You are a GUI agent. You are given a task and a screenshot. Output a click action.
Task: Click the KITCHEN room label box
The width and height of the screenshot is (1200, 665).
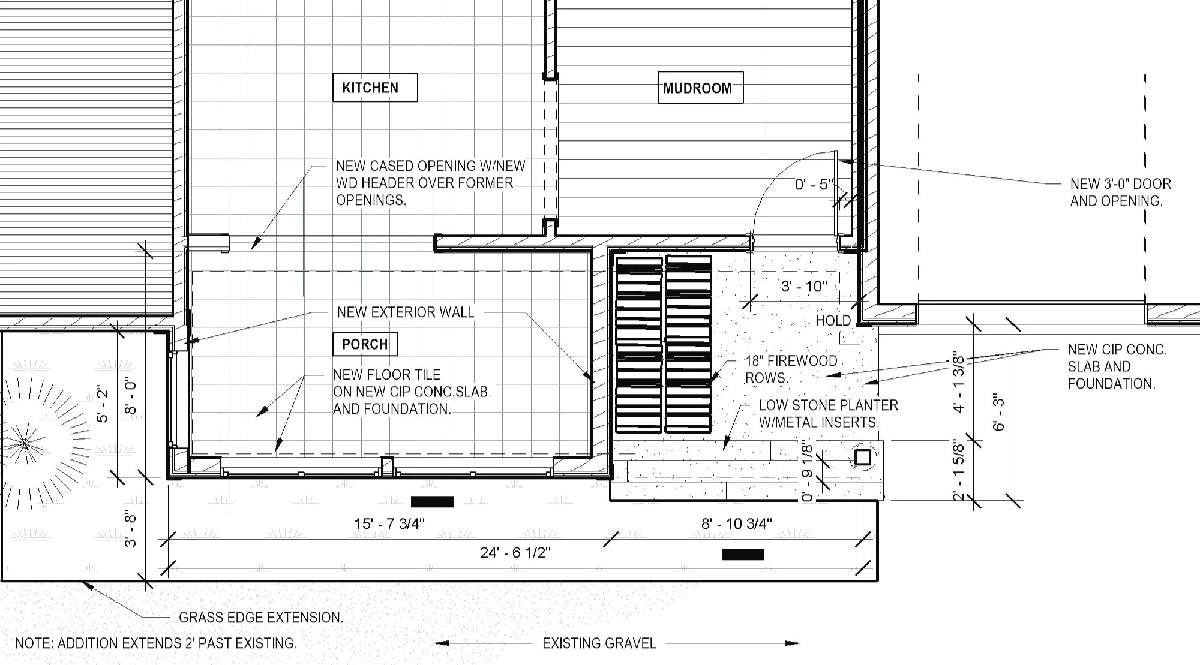click(375, 88)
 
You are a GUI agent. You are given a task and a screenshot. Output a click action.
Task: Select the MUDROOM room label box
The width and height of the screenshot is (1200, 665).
click(700, 88)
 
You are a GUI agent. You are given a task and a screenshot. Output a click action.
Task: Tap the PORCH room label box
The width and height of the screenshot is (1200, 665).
click(365, 344)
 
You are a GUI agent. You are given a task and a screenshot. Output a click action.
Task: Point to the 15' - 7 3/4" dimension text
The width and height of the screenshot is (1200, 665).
click(389, 523)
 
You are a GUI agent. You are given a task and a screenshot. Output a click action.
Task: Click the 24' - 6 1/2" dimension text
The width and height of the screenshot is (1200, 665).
click(515, 552)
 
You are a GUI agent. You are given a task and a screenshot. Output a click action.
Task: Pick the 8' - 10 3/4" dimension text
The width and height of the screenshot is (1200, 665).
click(737, 523)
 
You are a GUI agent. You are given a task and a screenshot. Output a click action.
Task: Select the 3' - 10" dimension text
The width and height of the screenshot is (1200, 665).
click(804, 286)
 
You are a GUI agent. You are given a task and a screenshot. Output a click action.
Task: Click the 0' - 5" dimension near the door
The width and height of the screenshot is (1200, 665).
click(814, 184)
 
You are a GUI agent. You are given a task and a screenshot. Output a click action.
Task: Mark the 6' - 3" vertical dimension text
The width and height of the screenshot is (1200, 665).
click(998, 412)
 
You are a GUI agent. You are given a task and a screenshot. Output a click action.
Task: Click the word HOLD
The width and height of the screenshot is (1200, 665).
click(833, 321)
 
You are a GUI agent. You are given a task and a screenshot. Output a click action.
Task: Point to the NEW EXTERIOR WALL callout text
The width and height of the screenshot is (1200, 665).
click(405, 312)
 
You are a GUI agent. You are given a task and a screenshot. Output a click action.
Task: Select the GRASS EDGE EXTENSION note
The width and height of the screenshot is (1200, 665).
click(261, 617)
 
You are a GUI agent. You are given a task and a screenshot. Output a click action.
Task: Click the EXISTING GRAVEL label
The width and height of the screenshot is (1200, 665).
click(599, 643)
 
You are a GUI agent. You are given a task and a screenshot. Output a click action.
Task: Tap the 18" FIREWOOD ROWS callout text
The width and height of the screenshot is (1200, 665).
click(790, 369)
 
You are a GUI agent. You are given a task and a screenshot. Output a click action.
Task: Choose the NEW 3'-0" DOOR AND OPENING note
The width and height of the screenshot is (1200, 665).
click(1120, 192)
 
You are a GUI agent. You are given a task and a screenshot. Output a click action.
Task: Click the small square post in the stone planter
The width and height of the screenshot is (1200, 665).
click(863, 457)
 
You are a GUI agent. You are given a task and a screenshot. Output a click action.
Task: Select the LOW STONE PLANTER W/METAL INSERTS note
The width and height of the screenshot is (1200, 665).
click(828, 413)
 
